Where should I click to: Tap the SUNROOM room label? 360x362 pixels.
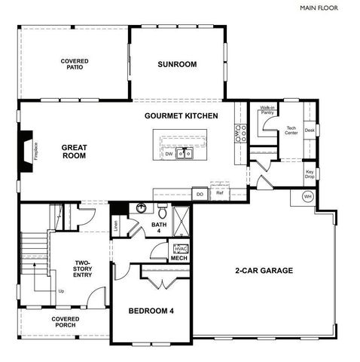[x=177, y=65]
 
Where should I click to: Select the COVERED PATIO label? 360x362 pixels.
[x=75, y=63]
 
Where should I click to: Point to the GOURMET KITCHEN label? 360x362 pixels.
[x=182, y=116]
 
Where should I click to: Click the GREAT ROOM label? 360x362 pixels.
[x=74, y=152]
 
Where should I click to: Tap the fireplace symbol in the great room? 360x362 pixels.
[x=28, y=147]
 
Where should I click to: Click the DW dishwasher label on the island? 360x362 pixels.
[x=169, y=154]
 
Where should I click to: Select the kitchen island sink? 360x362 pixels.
[x=185, y=154]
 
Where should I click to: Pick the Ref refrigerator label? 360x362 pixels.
[x=220, y=194]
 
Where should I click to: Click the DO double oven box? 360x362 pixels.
[x=200, y=194]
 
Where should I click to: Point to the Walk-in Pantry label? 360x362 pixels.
[x=267, y=111]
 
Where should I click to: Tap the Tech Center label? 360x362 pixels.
[x=291, y=131]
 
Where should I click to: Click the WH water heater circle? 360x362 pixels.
[x=307, y=197]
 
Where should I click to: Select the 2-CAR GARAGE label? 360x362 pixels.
[x=264, y=271]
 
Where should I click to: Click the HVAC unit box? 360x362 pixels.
[x=181, y=248]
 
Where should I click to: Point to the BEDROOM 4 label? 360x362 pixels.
[x=151, y=311]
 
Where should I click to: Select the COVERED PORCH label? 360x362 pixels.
[x=65, y=322]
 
